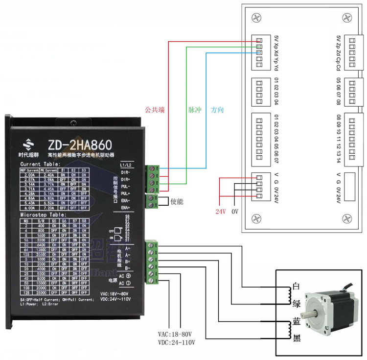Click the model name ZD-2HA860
[80, 145]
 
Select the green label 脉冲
[195, 110]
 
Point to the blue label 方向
[218, 110]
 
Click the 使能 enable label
[177, 201]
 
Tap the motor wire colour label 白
[296, 286]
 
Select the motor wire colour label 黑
[296, 337]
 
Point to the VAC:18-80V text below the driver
[175, 334]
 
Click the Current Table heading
[40, 164]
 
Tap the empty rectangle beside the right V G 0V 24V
[352, 186]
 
